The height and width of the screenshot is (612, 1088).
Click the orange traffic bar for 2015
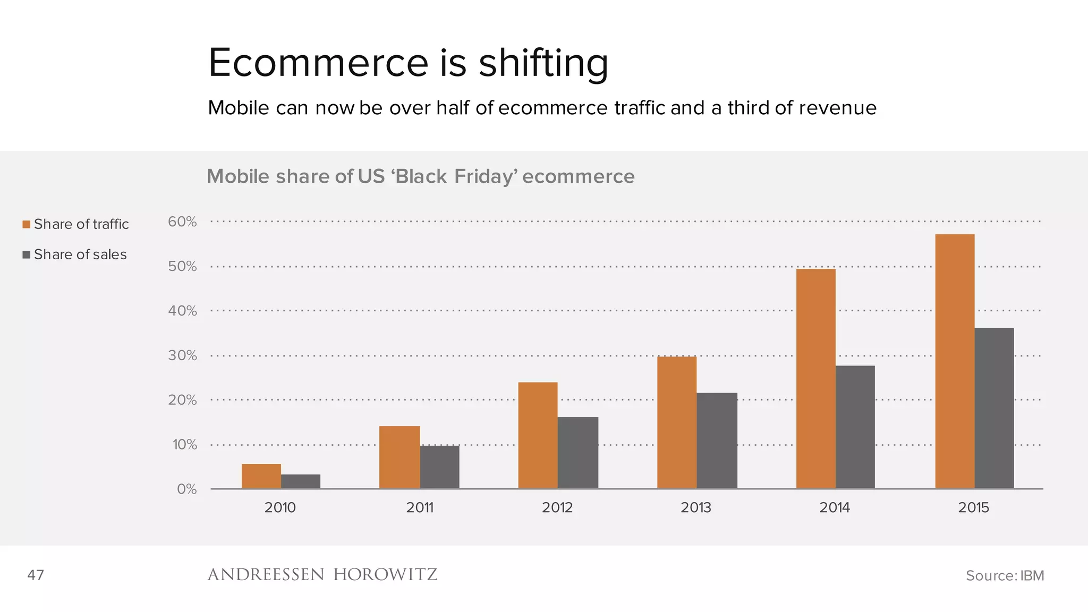[x=955, y=361]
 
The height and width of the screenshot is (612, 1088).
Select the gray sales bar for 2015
[x=994, y=408]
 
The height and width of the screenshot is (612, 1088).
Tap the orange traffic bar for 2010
[x=261, y=476]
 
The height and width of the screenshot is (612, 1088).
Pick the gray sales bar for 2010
[x=301, y=481]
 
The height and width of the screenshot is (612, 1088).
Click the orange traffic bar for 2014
[x=815, y=378]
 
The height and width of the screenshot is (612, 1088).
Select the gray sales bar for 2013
[x=717, y=440]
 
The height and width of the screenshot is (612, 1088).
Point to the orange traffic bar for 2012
[x=538, y=435]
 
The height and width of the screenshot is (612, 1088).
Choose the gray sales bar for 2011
[x=439, y=467]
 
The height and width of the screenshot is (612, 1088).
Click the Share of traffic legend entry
[x=75, y=224]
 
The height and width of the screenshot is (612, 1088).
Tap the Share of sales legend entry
[x=74, y=254]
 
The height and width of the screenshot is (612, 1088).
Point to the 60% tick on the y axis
[x=182, y=222]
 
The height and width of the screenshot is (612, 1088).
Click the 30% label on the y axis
[x=182, y=355]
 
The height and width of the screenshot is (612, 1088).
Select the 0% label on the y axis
[x=186, y=489]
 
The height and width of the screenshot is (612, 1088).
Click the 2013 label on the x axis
[x=695, y=507]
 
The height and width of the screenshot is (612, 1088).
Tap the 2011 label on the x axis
[x=420, y=507]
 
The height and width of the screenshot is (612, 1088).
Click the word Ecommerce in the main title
[x=318, y=63]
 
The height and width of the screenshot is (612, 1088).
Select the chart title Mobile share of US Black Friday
[x=420, y=176]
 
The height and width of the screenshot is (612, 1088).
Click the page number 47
[x=36, y=575]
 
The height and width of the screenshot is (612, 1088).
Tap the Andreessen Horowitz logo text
[x=322, y=575]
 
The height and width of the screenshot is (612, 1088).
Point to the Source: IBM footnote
[x=1004, y=575]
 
